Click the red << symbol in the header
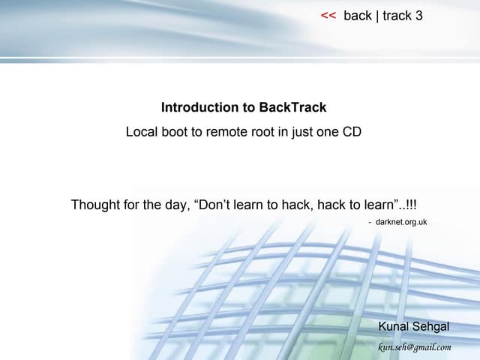pyautogui.click(x=328, y=16)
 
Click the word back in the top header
pyautogui.click(x=358, y=16)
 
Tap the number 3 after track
pyautogui.click(x=419, y=16)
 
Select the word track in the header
pyautogui.click(x=397, y=16)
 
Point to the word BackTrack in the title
pyautogui.click(x=292, y=107)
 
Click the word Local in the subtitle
pyautogui.click(x=140, y=132)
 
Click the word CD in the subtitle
pyautogui.click(x=352, y=132)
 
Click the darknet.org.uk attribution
pyautogui.click(x=400, y=222)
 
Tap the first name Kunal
pyautogui.click(x=394, y=326)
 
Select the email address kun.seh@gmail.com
pyautogui.click(x=415, y=346)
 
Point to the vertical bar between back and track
pyautogui.click(x=377, y=16)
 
